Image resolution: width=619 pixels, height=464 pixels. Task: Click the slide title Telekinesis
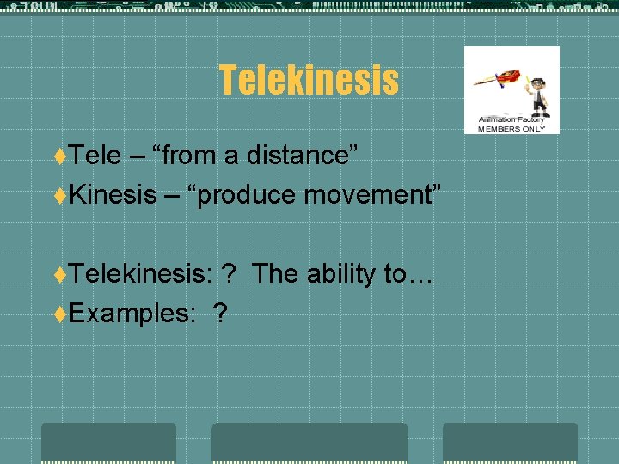[x=309, y=80]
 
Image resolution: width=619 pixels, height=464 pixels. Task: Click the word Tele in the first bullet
[x=95, y=156]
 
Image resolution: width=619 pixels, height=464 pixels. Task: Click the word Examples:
[x=132, y=314]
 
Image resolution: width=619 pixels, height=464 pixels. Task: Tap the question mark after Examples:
[x=221, y=314]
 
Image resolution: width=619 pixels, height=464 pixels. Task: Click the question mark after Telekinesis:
[x=229, y=274]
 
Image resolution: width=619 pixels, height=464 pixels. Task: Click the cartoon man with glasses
[x=537, y=95]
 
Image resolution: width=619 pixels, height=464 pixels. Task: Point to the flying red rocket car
[x=498, y=82]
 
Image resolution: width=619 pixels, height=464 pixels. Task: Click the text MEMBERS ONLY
[x=512, y=129]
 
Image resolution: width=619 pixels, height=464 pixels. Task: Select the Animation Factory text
[x=512, y=119]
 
